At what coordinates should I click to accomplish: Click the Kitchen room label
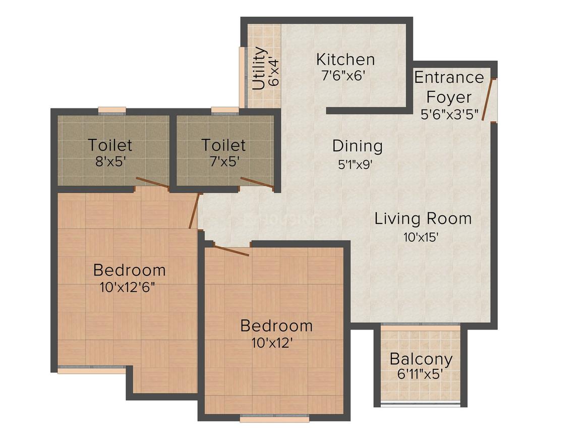click(345, 60)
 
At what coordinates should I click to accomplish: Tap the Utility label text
click(259, 68)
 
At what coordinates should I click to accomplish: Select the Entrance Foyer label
click(449, 87)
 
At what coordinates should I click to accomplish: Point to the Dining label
click(358, 146)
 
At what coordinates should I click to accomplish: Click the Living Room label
click(423, 219)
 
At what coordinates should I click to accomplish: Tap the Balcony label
click(421, 359)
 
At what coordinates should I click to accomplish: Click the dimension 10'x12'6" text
click(127, 288)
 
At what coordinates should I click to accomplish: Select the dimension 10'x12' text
click(272, 343)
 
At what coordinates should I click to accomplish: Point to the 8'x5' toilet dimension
click(110, 162)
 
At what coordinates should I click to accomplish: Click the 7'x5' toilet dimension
click(223, 162)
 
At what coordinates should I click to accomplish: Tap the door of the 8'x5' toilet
click(153, 183)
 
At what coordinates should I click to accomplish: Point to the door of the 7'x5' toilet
click(258, 185)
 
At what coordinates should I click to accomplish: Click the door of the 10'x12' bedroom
click(231, 249)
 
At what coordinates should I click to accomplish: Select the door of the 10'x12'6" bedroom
click(195, 211)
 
